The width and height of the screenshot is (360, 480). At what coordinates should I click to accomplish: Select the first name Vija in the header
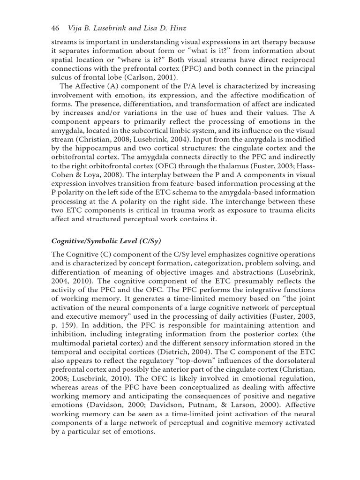click(75, 28)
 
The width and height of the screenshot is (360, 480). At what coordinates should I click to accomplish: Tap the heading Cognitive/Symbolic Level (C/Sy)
click(106, 241)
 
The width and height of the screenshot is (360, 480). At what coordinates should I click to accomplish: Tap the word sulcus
click(62, 77)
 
